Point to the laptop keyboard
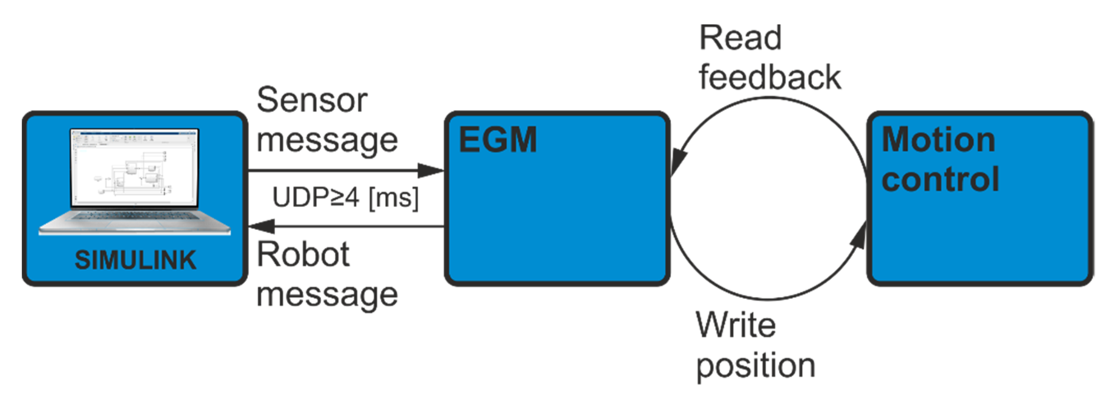(x=134, y=217)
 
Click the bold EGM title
(x=498, y=140)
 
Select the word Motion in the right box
(x=938, y=140)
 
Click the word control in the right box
(x=940, y=180)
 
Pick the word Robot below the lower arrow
(x=303, y=255)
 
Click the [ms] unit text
(x=394, y=198)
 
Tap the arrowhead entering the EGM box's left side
(x=431, y=170)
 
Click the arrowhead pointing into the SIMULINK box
(x=262, y=226)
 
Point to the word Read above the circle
(x=740, y=38)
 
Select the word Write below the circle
(x=736, y=325)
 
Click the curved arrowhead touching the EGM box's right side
(x=678, y=161)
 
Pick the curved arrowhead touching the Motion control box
(x=859, y=237)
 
